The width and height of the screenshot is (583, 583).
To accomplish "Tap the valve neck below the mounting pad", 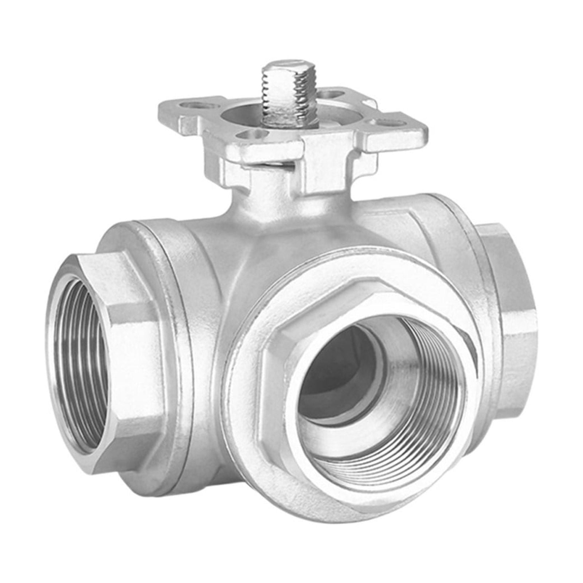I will (x=270, y=197).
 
